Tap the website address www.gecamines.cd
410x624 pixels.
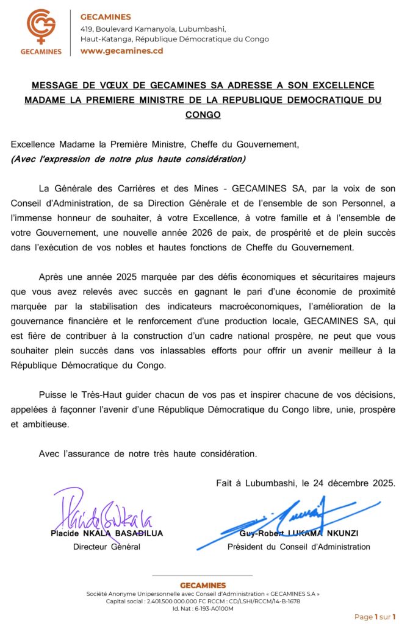[x=121, y=51]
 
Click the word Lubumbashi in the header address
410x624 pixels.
[x=201, y=29]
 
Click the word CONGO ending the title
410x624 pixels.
[x=203, y=115]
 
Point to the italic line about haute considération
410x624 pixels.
[x=128, y=160]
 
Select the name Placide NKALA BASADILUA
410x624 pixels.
[x=107, y=533]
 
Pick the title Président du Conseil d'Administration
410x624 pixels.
[x=298, y=547]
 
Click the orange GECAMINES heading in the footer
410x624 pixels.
[x=203, y=585]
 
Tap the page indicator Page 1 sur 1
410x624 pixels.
[x=375, y=617]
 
